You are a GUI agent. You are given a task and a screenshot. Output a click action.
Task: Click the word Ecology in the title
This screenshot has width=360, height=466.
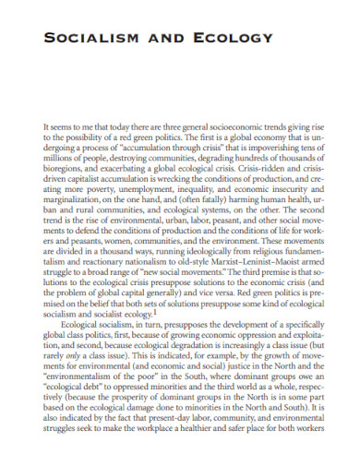click(x=240, y=38)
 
